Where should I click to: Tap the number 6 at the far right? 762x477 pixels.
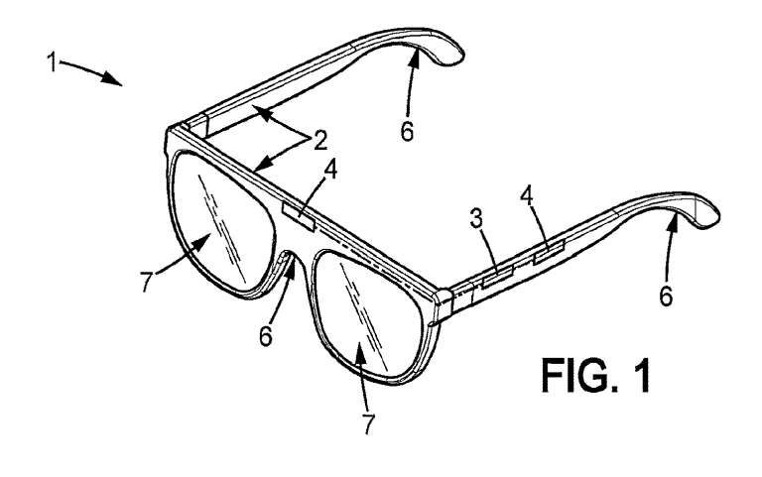(666, 296)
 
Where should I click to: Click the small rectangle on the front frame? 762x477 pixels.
(301, 214)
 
